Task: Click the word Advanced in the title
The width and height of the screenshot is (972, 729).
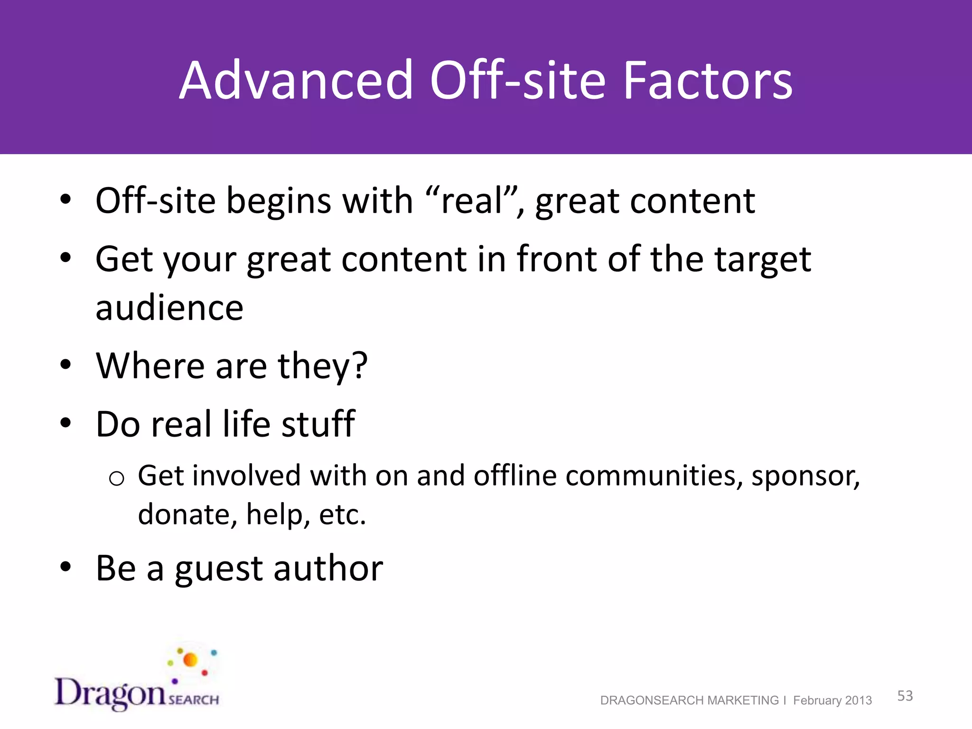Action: click(x=296, y=81)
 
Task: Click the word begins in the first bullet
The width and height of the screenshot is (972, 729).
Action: click(x=279, y=202)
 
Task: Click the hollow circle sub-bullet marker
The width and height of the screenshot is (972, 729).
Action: click(x=116, y=478)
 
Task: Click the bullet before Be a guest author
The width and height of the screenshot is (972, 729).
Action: click(x=65, y=567)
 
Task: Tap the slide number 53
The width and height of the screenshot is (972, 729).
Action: click(x=905, y=696)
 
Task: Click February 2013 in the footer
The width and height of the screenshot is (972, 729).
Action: click(x=832, y=701)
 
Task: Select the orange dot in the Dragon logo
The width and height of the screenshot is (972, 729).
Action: click(x=190, y=660)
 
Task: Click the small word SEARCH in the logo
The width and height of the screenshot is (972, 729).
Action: click(x=194, y=700)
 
